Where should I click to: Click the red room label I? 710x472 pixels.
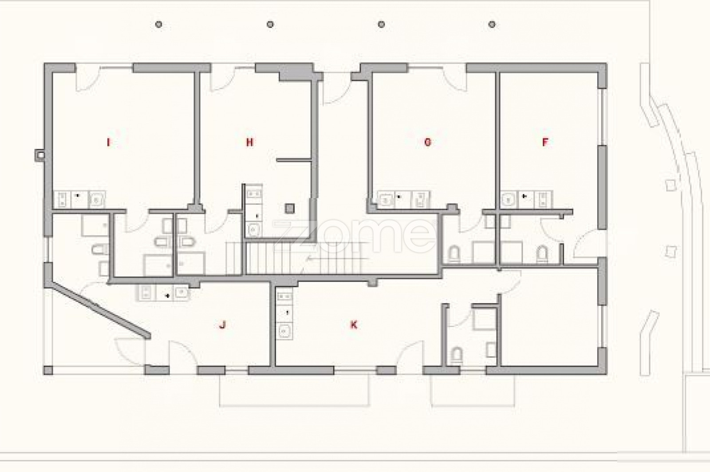108,142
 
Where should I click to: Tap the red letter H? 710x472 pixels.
250,142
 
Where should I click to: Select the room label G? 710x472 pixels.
428,142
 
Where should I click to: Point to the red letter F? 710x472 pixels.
545,142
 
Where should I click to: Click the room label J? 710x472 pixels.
222,325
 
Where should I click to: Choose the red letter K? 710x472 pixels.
354,325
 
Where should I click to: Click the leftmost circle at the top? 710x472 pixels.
159,24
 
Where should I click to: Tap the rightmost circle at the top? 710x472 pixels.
492,24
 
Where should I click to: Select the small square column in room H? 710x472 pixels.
290,208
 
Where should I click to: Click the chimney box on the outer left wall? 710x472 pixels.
39,155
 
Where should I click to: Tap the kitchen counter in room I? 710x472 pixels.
79,200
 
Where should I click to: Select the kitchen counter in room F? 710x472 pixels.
526,200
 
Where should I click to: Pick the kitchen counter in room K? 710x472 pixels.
284,314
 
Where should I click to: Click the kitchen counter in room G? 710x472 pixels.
404,200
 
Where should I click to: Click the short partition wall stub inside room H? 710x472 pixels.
294,160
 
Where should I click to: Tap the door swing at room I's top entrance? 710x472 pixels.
88,79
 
